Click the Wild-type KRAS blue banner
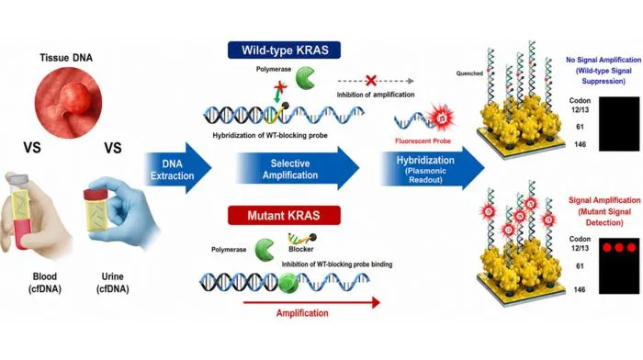pos(284,50)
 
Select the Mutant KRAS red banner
pos(284,215)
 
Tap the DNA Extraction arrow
pos(178,168)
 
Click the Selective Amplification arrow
pos(298,168)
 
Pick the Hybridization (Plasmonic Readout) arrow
pos(433,168)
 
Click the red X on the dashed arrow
pos(371,81)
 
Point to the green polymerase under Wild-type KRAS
pos(305,78)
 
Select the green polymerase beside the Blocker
pos(265,250)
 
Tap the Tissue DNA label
pos(66,58)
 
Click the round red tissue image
pos(68,102)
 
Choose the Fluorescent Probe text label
pos(423,141)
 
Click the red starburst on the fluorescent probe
pos(441,118)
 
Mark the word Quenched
pos(469,73)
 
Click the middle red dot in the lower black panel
pos(619,248)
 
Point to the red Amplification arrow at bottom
pos(311,303)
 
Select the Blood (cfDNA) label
pos(45,283)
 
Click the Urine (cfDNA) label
pos(113,283)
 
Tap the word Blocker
pos(301,249)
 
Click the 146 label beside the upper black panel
pos(580,144)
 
